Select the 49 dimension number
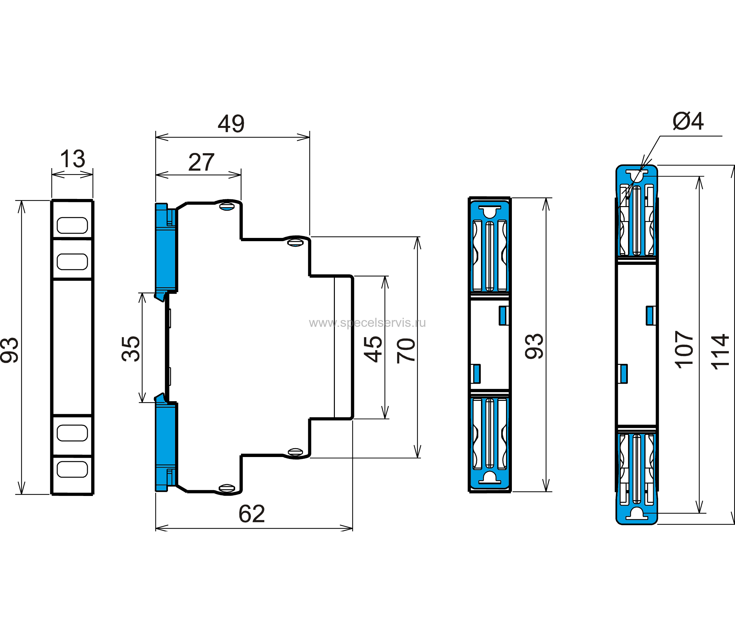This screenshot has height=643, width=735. (231, 124)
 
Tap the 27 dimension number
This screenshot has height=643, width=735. (201, 162)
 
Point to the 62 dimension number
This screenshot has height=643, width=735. (252, 514)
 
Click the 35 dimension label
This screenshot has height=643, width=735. (131, 348)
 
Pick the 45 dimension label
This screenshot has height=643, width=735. (373, 349)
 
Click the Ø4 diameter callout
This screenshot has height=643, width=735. (688, 121)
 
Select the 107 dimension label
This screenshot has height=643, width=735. (684, 350)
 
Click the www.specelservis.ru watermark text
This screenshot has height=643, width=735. (367, 323)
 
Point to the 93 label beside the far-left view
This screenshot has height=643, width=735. (9, 350)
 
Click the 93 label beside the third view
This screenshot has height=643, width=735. (534, 346)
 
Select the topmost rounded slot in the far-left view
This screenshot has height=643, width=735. (72, 225)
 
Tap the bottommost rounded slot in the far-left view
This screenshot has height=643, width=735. (72, 470)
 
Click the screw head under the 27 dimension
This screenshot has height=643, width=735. (227, 206)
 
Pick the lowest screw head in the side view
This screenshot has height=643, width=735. (227, 488)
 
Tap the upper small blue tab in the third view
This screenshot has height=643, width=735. (503, 315)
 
